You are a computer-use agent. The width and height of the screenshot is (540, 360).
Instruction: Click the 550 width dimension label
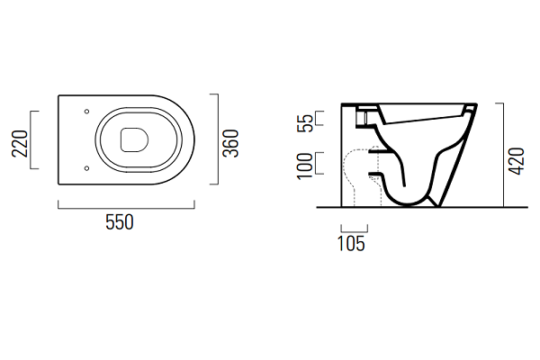[120, 222]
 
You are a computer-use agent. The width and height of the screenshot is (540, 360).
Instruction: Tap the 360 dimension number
[230, 143]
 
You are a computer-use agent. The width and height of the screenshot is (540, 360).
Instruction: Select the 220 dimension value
[20, 144]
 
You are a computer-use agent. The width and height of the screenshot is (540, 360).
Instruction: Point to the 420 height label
[517, 161]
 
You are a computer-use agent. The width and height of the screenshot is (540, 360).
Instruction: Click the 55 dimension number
[305, 123]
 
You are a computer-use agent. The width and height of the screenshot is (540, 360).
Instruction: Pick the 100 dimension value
[305, 166]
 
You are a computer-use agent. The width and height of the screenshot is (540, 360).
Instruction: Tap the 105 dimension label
[351, 244]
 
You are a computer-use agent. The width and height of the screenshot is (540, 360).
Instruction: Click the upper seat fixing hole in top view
[86, 112]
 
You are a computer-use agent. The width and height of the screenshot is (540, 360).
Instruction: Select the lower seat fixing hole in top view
[86, 168]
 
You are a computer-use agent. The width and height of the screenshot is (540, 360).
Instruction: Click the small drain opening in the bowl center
[134, 140]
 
